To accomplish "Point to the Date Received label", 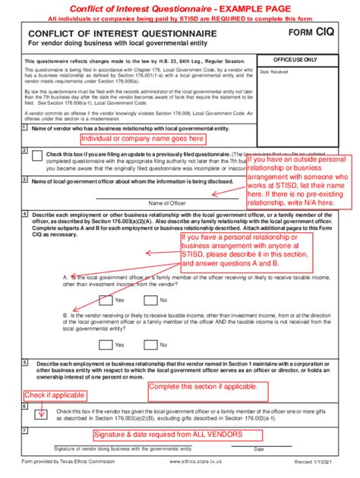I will [x=275, y=72].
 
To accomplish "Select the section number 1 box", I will [x=24, y=127].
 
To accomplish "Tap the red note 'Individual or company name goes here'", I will [x=142, y=139].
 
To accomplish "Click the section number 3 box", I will [x=24, y=180].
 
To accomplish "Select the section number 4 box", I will [x=24, y=215].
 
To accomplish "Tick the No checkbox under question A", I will [x=149, y=300].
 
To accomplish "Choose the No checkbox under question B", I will [x=149, y=344].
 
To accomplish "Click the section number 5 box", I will [x=24, y=363].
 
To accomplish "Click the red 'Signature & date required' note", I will [x=168, y=435].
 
